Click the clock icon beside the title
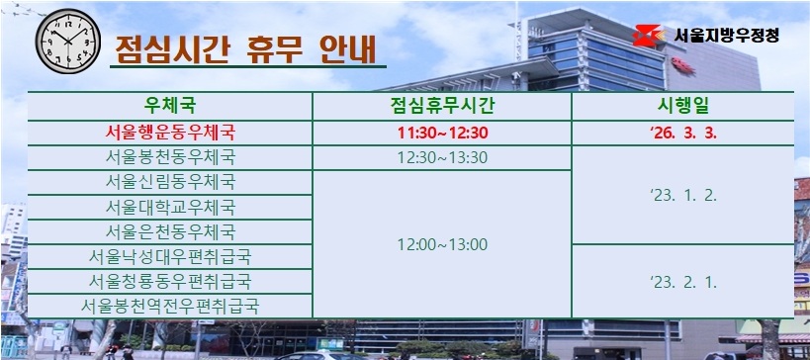[x=66, y=44]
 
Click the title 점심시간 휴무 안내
[x=244, y=48]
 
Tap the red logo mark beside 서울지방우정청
[x=650, y=36]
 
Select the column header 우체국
[x=170, y=106]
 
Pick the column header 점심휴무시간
[x=442, y=106]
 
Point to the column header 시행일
[x=681, y=106]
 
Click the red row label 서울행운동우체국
[x=170, y=133]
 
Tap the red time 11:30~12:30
[x=442, y=133]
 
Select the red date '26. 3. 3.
[x=681, y=133]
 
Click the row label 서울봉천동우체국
[x=170, y=157]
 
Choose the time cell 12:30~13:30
[x=442, y=157]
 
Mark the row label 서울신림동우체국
[x=170, y=182]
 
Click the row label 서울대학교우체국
[x=170, y=208]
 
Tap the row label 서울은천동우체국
[x=170, y=232]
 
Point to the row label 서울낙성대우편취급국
[x=170, y=257]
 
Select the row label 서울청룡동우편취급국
[x=170, y=282]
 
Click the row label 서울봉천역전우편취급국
[x=170, y=307]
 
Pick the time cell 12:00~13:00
[x=442, y=244]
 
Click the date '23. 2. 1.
[x=681, y=282]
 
